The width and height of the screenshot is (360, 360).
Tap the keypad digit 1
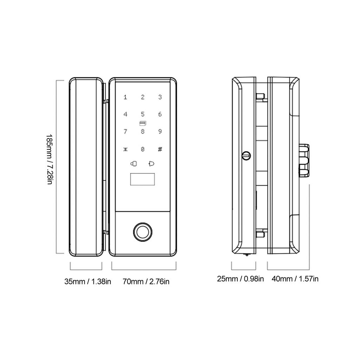click(126, 97)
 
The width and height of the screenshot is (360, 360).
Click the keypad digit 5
click(143, 114)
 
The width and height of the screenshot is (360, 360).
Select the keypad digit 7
click(125, 132)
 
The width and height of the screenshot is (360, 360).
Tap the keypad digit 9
click(160, 132)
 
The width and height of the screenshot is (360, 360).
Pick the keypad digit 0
click(143, 149)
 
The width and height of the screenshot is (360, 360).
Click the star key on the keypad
click(125, 149)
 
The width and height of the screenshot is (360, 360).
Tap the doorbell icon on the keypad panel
click(152, 164)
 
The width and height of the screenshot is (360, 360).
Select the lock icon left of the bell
click(134, 164)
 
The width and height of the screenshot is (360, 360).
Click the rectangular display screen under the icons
click(143, 179)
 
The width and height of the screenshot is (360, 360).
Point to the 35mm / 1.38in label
click(88, 282)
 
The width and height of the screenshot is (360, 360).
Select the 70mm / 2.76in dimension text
click(146, 282)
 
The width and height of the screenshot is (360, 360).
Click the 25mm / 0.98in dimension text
click(240, 279)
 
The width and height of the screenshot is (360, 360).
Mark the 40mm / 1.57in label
click(295, 279)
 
